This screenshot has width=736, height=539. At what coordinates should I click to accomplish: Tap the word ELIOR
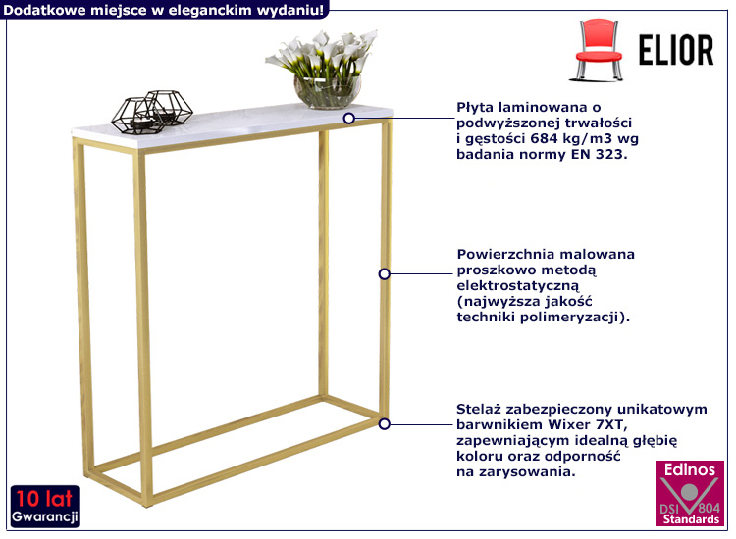pyautogui.click(x=676, y=50)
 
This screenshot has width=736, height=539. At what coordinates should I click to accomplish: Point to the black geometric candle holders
pyautogui.click(x=152, y=112)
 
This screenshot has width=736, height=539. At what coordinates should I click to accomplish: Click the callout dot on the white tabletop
pyautogui.click(x=348, y=119)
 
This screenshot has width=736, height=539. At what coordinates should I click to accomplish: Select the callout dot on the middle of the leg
pyautogui.click(x=385, y=273)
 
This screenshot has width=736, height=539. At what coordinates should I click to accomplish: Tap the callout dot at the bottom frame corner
pyautogui.click(x=385, y=424)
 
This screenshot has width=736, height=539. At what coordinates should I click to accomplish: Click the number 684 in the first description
pyautogui.click(x=544, y=139)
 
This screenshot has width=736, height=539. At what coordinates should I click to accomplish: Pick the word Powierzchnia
pyautogui.click(x=506, y=254)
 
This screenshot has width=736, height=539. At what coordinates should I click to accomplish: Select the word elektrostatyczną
pyautogui.click(x=518, y=286)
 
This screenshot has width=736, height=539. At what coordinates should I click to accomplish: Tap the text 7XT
pyautogui.click(x=611, y=425)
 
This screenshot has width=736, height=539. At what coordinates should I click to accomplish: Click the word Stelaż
pyautogui.click(x=476, y=410)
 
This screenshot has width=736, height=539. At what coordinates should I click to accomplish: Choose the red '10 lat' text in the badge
pyautogui.click(x=44, y=499)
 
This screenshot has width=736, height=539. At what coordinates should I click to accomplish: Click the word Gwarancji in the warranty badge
pyautogui.click(x=45, y=517)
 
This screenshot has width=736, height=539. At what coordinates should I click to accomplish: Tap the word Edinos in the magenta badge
pyautogui.click(x=690, y=469)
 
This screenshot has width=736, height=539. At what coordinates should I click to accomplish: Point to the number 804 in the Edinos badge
pyautogui.click(x=709, y=508)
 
